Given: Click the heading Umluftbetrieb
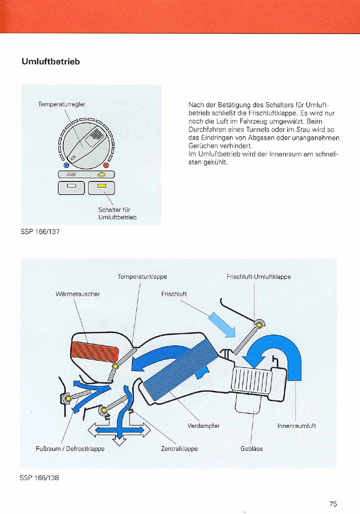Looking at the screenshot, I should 50,62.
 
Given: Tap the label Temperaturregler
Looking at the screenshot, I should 62,105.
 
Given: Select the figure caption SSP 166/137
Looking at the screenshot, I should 40,232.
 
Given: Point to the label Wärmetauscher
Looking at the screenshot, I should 77,294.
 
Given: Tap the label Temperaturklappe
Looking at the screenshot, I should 142,277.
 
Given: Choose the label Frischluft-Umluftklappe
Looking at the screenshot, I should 259,277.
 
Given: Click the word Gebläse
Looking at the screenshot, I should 252,449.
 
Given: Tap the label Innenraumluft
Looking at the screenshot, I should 297,426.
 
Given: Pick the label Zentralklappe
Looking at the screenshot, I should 179,449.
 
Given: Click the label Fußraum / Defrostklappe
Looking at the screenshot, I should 69,449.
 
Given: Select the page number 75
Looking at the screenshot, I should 333,504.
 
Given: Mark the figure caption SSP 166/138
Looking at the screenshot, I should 39,478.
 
